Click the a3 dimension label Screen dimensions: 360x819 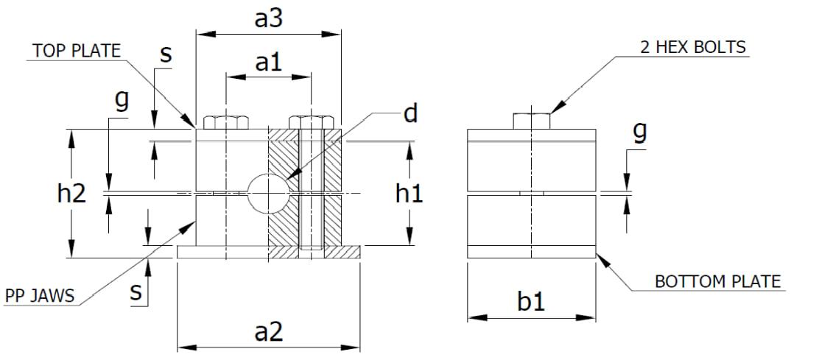tap(268, 18)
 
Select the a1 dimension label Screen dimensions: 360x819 tap(268, 63)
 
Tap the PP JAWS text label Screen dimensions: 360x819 tap(40, 296)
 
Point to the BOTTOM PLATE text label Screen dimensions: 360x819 tap(717, 281)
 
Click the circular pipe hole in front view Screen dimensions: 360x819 tap(267, 194)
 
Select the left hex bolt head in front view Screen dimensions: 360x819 tap(225, 122)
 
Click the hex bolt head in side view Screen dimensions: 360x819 tap(531, 121)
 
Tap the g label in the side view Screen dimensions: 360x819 tap(640, 133)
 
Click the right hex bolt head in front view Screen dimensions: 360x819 tap(311, 122)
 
